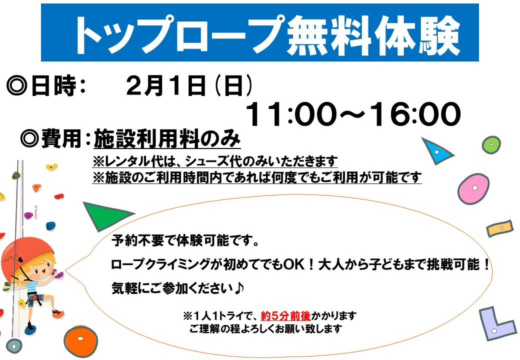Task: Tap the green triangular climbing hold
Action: click(104, 215)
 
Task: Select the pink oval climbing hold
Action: click(473, 188)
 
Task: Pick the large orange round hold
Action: click(80, 340)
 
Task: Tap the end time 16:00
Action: click(415, 114)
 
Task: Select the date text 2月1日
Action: click(166, 86)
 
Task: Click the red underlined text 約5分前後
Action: click(285, 316)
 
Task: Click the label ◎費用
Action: click(50, 138)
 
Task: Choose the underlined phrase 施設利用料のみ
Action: click(167, 138)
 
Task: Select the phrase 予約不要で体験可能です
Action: click(181, 240)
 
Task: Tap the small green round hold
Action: click(491, 145)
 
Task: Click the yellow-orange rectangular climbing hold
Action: click(500, 228)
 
